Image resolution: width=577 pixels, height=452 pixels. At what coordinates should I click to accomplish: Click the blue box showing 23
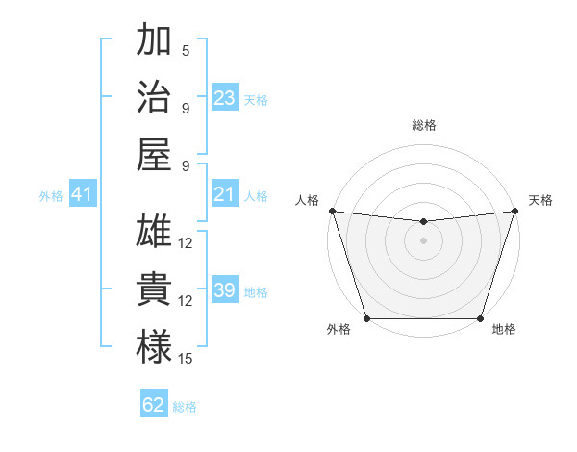pos(225,98)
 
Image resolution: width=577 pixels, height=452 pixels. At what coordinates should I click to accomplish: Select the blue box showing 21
pos(225,195)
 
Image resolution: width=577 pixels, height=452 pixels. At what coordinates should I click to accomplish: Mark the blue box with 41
pos(83,195)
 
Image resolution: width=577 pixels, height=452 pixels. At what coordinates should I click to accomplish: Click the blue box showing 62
pos(154,405)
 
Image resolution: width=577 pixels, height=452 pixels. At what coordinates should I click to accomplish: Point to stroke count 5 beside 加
pos(186,51)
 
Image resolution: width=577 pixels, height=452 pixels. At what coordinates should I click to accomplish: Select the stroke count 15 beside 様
pos(186,359)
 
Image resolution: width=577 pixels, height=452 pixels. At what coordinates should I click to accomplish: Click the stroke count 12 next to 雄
pos(186,243)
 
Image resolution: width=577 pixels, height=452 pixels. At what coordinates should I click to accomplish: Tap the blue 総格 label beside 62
pos(186,407)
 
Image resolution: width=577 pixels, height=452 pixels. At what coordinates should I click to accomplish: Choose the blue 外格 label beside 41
pos(51,196)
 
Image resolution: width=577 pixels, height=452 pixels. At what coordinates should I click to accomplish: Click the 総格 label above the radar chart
pos(423,126)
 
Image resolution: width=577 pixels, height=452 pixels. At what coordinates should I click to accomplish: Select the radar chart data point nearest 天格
pos(514,211)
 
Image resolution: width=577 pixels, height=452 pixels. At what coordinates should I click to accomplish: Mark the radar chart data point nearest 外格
pos(366,318)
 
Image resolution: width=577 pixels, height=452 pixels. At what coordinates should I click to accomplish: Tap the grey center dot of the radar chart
pos(423,239)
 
